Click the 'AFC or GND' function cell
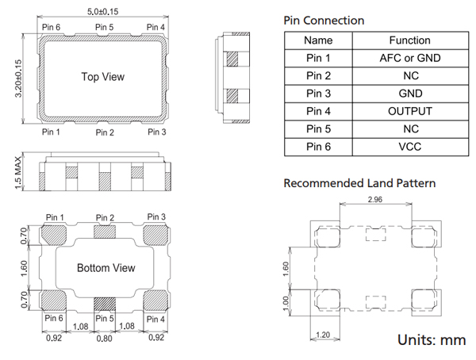tap(410, 58)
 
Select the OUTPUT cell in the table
tap(410, 111)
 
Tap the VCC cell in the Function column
tap(410, 147)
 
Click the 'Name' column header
tap(318, 40)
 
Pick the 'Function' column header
tap(410, 40)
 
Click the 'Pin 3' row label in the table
tap(318, 94)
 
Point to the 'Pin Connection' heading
tap(324, 21)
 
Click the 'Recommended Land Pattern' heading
tap(359, 183)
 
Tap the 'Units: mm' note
tap(432, 340)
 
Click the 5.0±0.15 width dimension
tap(103, 12)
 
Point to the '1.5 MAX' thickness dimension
tap(18, 171)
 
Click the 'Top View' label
tap(103, 77)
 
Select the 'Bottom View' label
tap(106, 268)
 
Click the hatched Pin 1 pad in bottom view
tap(55, 234)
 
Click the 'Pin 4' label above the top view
tap(156, 28)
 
